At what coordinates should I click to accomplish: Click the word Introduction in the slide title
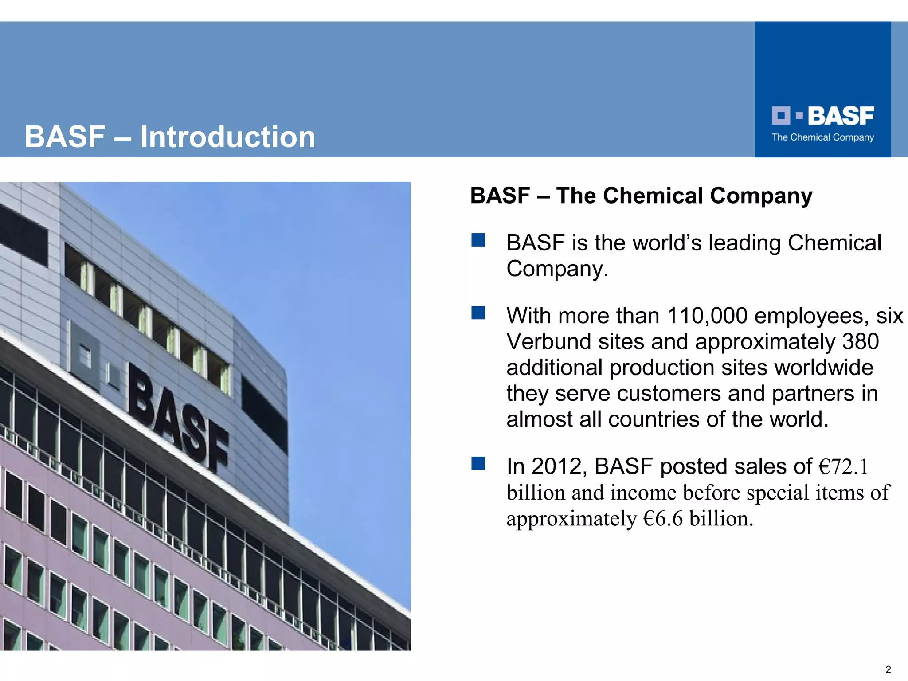coord(227,137)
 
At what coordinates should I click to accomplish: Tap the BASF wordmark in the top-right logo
coord(841,116)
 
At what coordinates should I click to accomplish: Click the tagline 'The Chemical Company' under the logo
coord(822,137)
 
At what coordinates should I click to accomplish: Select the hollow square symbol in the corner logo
coord(781,116)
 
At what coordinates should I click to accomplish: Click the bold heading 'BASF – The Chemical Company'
coord(641,196)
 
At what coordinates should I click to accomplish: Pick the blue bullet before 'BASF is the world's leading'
coord(478,240)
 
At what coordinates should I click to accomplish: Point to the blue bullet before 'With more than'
coord(478,313)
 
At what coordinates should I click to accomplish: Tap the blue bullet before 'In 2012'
coord(478,464)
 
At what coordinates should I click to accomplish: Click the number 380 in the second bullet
coord(860,342)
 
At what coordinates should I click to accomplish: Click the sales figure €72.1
coord(843,466)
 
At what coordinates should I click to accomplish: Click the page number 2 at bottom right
coord(888,669)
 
